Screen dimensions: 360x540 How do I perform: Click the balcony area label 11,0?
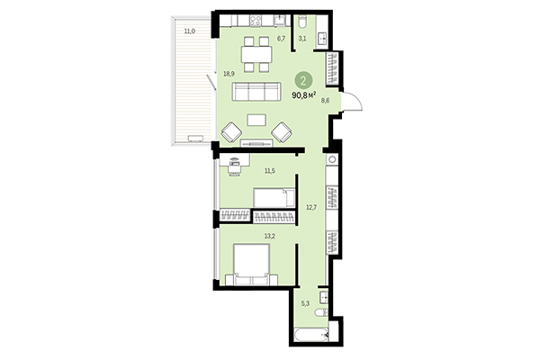pos(188,32)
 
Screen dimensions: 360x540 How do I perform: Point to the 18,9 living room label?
pos(229,74)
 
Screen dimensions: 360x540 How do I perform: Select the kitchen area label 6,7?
pos(281,39)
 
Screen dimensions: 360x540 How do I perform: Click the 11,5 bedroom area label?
pos(268,168)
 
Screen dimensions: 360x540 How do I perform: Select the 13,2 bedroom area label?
pos(268,238)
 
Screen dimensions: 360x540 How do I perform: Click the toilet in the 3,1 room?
pos(303,22)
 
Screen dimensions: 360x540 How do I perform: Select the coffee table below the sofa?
pos(257,120)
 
